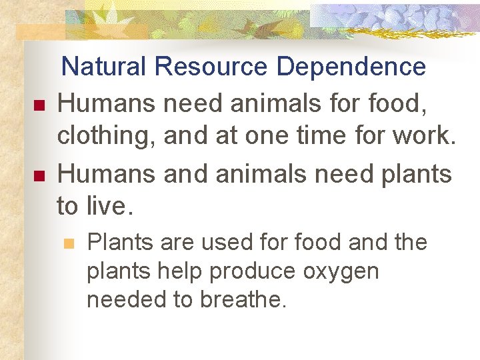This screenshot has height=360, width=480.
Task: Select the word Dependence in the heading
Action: coord(351,67)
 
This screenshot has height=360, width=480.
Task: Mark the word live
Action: coord(110,207)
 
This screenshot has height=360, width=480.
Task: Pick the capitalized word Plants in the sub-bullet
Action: coord(117,242)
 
